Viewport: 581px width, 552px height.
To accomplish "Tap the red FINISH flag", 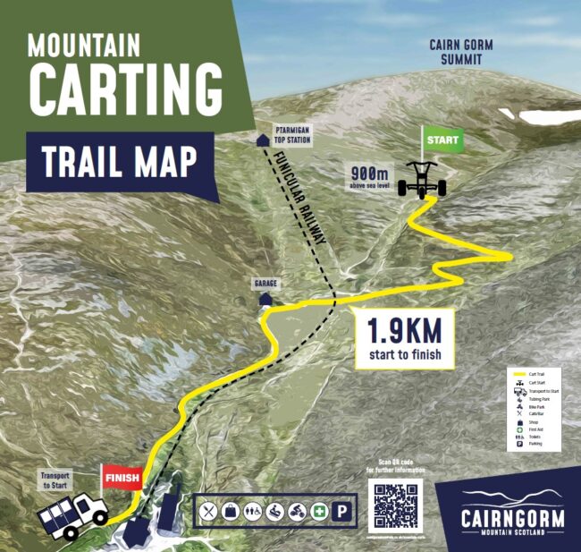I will point(121,478).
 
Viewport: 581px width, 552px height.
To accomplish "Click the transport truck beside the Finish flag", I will point(72,517).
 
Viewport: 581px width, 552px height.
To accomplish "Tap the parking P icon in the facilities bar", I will point(341,513).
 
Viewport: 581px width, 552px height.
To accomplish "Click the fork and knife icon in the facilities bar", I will point(210,513).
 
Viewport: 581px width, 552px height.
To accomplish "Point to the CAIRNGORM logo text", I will point(513,518).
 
